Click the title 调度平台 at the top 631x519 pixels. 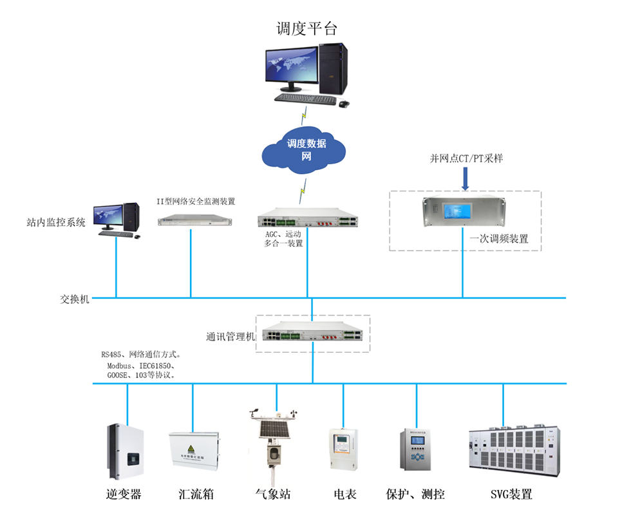[306, 28]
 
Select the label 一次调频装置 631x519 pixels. [499, 238]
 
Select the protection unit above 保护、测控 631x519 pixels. [417, 455]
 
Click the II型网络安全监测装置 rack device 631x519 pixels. [194, 220]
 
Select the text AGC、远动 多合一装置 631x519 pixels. [283, 239]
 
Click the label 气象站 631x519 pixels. [273, 495]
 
